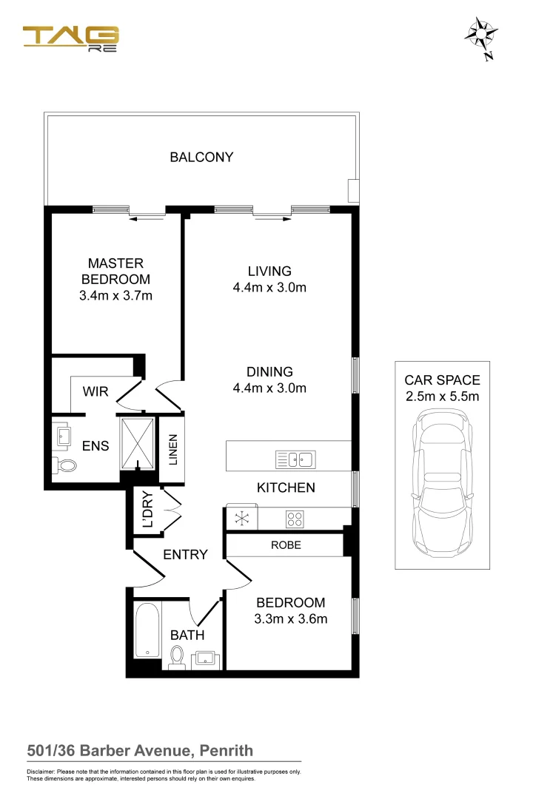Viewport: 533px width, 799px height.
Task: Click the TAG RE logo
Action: [71, 38]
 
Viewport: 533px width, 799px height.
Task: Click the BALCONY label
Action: [201, 157]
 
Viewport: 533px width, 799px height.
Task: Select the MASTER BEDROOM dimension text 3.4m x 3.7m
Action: [115, 296]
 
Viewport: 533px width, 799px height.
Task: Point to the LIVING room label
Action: [269, 272]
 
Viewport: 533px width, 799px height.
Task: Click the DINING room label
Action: [269, 372]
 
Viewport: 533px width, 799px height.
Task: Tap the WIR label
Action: [95, 391]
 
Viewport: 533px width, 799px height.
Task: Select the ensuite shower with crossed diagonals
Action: [138, 444]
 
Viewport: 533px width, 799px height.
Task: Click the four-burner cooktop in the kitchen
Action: [294, 519]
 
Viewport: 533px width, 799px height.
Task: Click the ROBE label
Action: [286, 545]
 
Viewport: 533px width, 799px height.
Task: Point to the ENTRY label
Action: [185, 554]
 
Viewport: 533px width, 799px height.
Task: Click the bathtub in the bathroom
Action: [148, 630]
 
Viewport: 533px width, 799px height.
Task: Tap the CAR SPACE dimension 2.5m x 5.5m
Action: [442, 397]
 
